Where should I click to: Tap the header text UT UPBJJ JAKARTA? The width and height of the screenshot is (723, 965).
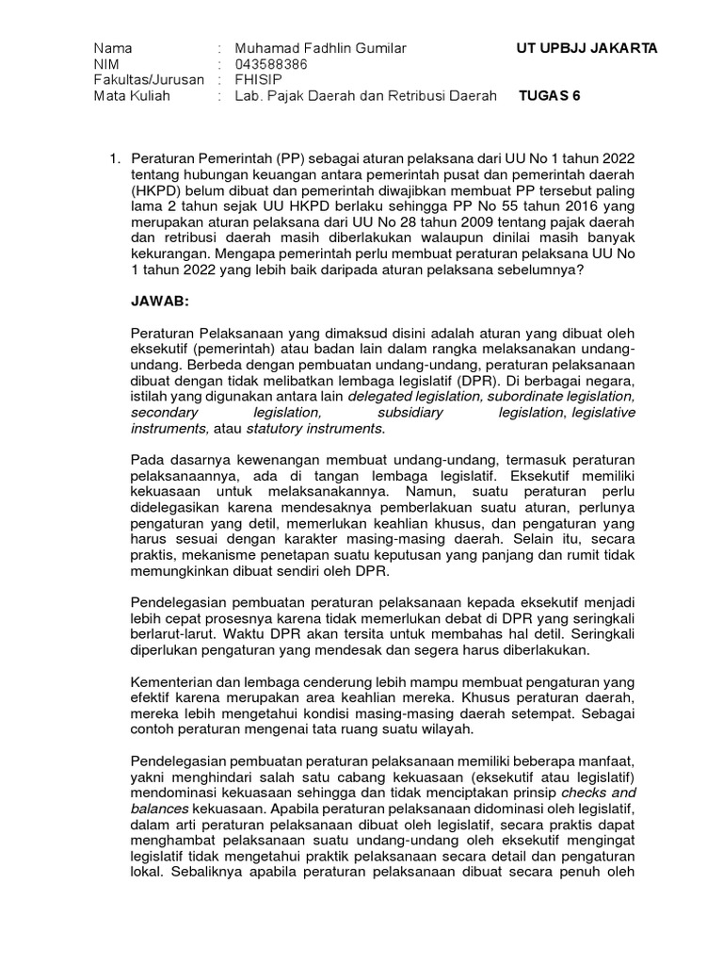tap(587, 48)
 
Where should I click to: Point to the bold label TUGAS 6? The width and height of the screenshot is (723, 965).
tap(550, 96)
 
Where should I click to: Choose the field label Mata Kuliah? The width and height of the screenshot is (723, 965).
tap(132, 96)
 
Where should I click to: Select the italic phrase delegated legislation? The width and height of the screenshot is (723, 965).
tap(410, 397)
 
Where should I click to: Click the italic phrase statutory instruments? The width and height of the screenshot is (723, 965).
tap(314, 429)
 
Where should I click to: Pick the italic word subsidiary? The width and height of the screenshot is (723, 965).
tap(409, 413)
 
